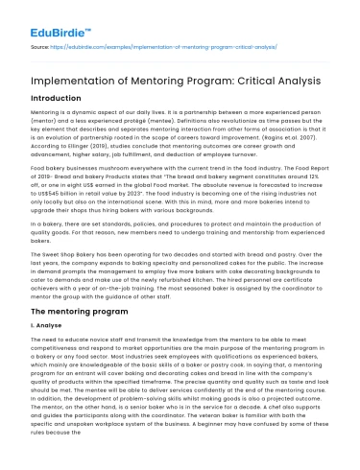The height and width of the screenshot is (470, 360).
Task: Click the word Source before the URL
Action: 39,44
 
